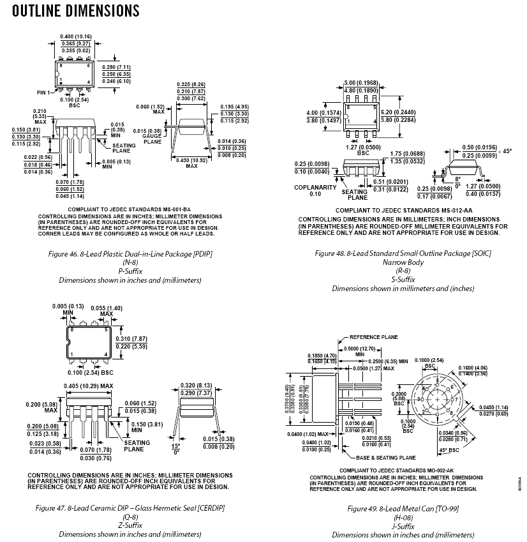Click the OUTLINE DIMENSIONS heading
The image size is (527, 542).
(76, 11)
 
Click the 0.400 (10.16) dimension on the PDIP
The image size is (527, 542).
(76, 36)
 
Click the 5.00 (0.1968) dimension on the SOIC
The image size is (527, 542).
(361, 82)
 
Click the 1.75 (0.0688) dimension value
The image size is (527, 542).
(408, 154)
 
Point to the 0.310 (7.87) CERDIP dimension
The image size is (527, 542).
(132, 338)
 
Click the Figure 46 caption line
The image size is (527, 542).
(130, 254)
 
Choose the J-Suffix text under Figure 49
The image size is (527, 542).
(403, 527)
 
